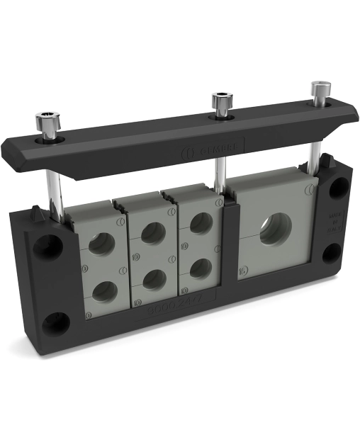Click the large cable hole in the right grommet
[275, 228]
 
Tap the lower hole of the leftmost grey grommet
[103, 291]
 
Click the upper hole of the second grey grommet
[152, 232]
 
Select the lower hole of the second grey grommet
[153, 279]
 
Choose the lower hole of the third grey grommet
[201, 268]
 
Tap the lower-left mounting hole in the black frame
[55, 324]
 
